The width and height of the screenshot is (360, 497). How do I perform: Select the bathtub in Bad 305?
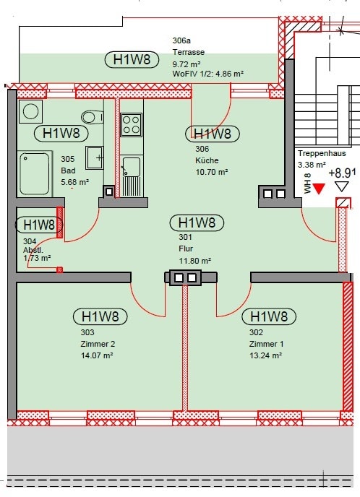[35, 173]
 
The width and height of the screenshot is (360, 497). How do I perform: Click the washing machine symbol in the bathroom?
[30, 111]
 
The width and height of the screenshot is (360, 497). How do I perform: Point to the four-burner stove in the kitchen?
[131, 125]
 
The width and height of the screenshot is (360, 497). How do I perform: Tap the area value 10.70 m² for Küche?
[211, 172]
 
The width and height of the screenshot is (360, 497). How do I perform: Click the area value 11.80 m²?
[195, 261]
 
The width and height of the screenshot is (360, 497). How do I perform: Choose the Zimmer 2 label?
[98, 344]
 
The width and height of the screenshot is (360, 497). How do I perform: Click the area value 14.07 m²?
[98, 355]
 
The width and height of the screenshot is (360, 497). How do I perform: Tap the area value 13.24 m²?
[265, 355]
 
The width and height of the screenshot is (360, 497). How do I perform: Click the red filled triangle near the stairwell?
[320, 188]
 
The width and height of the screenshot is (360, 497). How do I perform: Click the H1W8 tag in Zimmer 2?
[100, 316]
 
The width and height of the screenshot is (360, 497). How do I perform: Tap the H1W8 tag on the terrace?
[132, 59]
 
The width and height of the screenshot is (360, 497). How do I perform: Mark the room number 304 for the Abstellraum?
[30, 241]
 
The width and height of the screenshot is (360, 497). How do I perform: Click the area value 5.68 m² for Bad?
[74, 182]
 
